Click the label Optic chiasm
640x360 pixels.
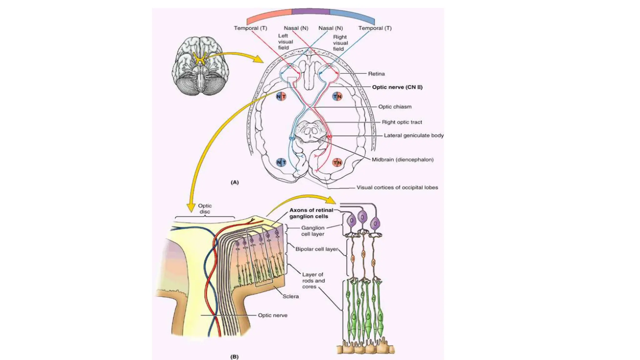click(x=395, y=107)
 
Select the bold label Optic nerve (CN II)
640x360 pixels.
click(x=397, y=87)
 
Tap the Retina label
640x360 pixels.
click(x=376, y=74)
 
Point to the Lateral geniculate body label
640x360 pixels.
click(x=413, y=135)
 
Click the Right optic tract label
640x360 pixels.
click(x=402, y=122)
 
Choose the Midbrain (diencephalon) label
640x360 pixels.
click(x=402, y=159)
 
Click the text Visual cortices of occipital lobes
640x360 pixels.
click(x=397, y=187)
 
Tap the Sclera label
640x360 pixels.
click(x=290, y=296)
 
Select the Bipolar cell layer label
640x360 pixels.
click(x=316, y=249)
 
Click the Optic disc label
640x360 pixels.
click(x=205, y=208)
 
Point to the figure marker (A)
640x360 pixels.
click(x=235, y=182)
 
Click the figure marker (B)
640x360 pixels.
click(x=234, y=357)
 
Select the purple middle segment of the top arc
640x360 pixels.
click(x=311, y=11)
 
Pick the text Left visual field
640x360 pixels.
click(x=285, y=42)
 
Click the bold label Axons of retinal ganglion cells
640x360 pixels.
click(x=311, y=213)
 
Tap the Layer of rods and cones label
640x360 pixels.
click(x=313, y=280)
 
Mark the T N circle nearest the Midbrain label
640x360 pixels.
click(x=337, y=162)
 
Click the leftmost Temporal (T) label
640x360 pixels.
click(x=250, y=28)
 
